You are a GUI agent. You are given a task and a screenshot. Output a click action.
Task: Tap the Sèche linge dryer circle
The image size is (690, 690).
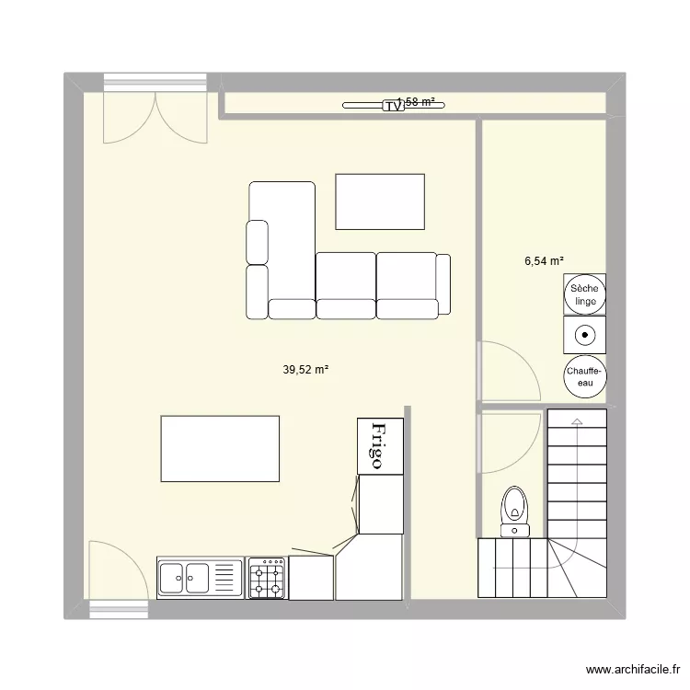[x=586, y=294]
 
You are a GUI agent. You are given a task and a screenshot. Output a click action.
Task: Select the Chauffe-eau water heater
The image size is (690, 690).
[x=586, y=372]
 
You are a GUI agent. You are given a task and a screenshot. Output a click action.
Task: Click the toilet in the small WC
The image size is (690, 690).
[x=513, y=509]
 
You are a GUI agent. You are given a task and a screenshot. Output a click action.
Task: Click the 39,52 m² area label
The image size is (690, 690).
[x=305, y=370]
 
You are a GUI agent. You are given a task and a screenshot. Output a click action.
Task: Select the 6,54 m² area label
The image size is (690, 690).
[x=544, y=261]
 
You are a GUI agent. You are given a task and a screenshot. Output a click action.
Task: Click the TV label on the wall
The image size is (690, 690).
[x=394, y=107]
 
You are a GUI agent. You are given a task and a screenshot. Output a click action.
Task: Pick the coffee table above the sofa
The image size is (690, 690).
[x=380, y=201]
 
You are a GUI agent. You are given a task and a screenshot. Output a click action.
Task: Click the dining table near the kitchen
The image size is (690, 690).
[x=220, y=448]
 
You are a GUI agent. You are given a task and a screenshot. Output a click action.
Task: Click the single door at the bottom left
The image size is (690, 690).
[x=117, y=574]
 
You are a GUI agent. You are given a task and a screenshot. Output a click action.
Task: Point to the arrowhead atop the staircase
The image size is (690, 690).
[x=577, y=421]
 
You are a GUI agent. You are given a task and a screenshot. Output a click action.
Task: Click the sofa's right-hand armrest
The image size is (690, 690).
[x=443, y=282]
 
